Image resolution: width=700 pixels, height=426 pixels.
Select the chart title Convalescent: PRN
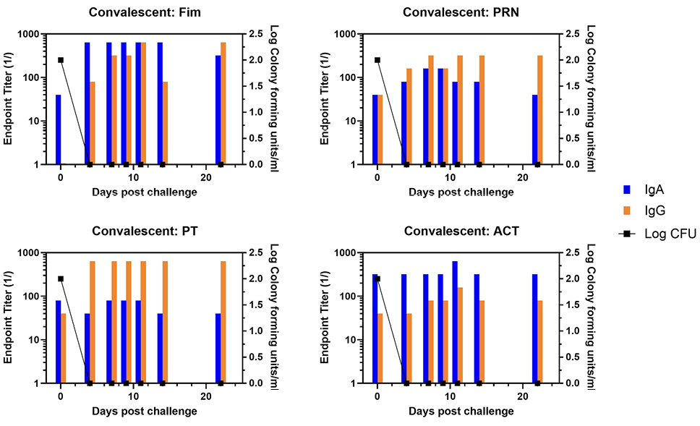(461, 12)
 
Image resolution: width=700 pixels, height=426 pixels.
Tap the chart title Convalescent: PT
(145, 231)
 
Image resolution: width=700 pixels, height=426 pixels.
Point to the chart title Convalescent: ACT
(461, 231)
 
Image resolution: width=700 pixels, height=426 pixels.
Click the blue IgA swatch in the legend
(627, 189)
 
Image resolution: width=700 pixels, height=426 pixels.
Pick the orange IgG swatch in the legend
(627, 211)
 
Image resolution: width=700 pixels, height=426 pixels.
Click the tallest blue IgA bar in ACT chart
(455, 322)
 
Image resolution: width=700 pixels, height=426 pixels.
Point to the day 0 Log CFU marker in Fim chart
(61, 60)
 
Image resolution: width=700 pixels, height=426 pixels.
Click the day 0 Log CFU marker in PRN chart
(377, 60)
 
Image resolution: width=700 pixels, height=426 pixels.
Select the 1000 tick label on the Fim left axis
(32, 34)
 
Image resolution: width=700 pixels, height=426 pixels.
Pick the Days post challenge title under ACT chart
(461, 411)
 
